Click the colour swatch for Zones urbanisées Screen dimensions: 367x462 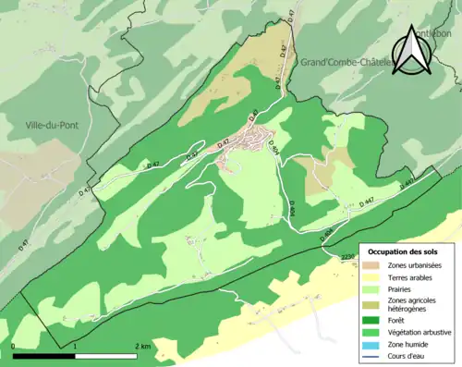coord(374,264)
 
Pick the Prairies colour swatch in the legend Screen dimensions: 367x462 coord(374,288)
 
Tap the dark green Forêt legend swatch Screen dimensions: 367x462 coord(374,323)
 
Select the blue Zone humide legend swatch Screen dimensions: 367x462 coord(374,347)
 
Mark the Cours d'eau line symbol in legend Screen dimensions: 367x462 coord(374,359)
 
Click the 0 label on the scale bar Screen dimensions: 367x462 coord(14,346)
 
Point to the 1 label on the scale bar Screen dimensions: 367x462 coord(75,346)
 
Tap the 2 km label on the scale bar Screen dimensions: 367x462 coord(141,346)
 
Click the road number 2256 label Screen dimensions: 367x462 coord(347,255)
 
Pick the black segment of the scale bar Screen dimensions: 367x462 coord(43,355)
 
